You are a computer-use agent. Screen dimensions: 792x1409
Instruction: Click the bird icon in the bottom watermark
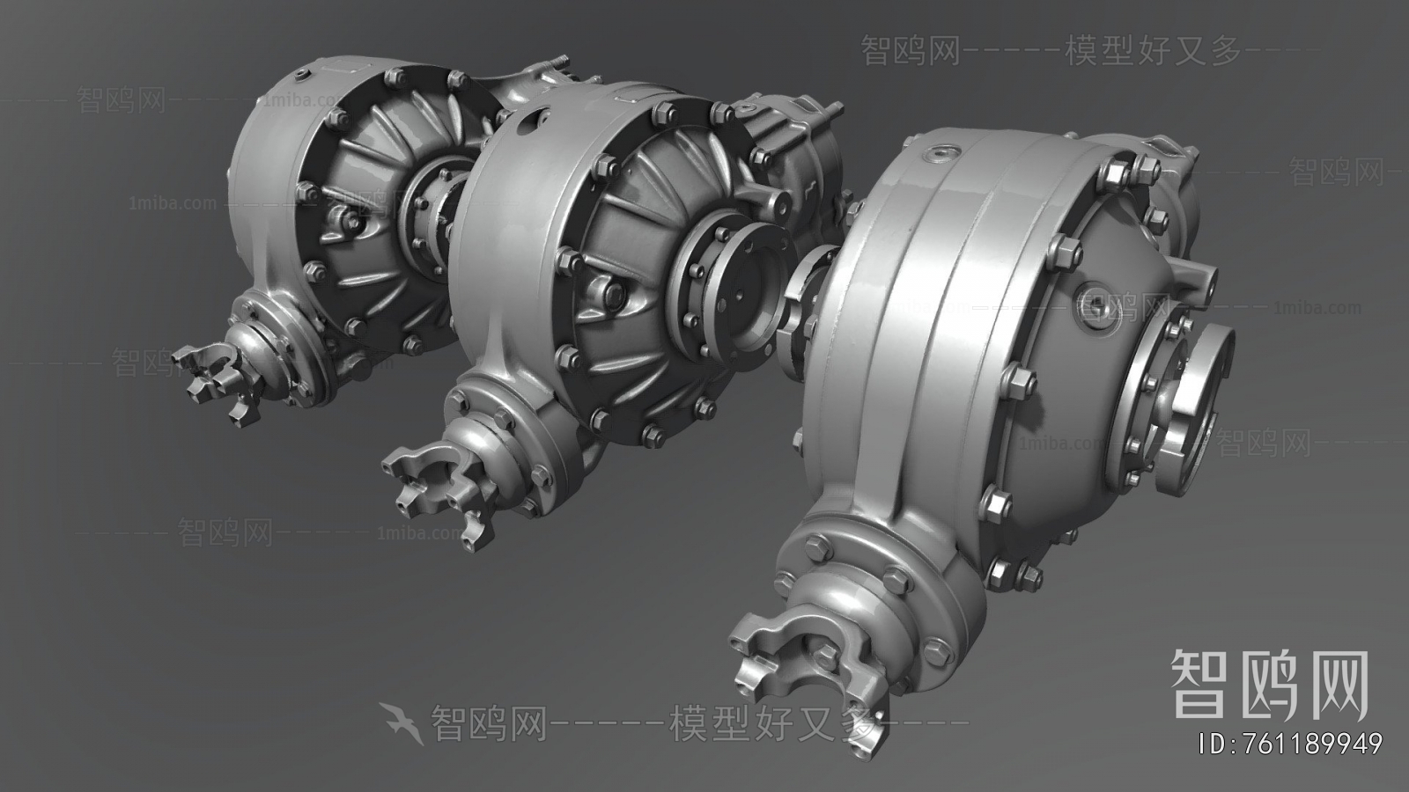click(x=402, y=722)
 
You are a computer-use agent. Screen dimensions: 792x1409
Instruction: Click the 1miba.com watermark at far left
click(x=172, y=203)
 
